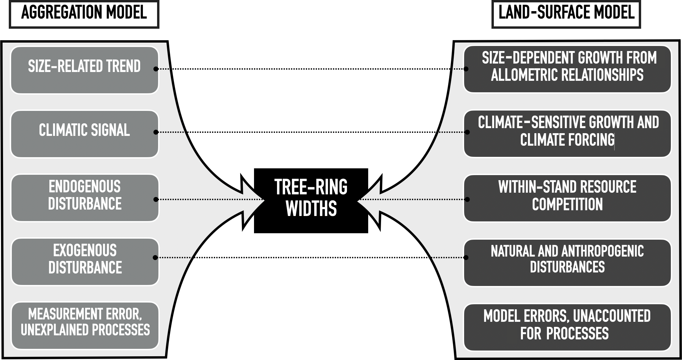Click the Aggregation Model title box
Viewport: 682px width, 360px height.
[84, 14]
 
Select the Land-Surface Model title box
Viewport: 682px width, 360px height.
[566, 14]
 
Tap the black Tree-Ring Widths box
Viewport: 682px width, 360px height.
[311, 200]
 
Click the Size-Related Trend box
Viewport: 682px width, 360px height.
[84, 70]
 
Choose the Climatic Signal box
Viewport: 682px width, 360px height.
[84, 134]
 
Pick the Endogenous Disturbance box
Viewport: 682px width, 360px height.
[84, 198]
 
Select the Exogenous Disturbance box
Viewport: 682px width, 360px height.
[84, 262]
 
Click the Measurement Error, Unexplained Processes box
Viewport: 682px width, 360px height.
[84, 325]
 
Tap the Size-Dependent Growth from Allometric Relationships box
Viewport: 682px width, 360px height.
[567, 69]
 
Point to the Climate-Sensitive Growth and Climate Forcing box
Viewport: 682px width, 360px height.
[567, 134]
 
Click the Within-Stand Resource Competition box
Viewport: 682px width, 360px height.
[567, 198]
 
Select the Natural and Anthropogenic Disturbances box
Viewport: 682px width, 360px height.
[567, 262]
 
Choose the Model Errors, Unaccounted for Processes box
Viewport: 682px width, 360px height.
[567, 327]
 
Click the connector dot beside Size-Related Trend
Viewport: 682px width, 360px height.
[156, 69]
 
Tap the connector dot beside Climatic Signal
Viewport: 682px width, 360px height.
[156, 132]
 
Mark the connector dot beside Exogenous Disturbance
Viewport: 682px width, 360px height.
[155, 258]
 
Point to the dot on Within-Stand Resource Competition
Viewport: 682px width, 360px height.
[467, 199]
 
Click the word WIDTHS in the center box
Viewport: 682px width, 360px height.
[311, 209]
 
